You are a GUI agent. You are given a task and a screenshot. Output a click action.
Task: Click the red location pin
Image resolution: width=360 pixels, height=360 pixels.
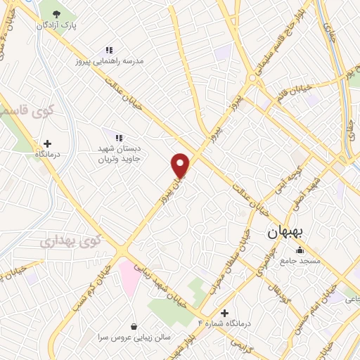click(x=181, y=165)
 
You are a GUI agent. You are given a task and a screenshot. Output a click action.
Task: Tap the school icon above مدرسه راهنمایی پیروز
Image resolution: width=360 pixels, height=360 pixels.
click(x=109, y=50)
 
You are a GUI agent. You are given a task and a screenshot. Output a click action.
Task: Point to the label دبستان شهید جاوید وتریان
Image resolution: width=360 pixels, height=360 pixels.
click(x=117, y=154)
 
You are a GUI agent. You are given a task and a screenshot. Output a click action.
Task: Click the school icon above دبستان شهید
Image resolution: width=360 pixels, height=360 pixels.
click(x=118, y=138)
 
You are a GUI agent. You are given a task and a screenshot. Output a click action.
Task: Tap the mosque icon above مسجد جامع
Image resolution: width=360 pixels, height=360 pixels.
click(x=300, y=250)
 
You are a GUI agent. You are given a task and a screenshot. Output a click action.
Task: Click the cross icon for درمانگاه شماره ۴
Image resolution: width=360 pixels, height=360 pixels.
click(x=224, y=313)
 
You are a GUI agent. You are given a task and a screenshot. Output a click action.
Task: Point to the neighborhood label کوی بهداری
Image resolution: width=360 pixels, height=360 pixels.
click(x=70, y=240)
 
